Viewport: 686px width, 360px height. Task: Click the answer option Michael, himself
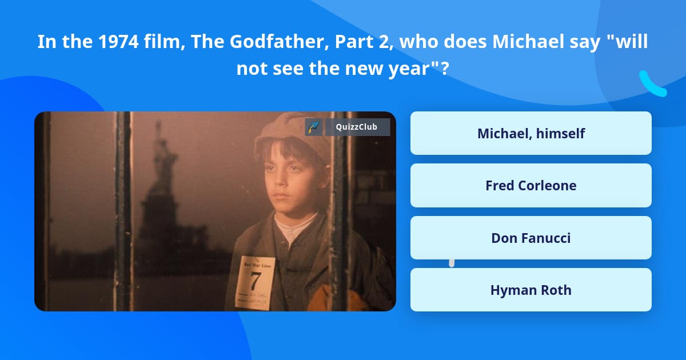pos(531,133)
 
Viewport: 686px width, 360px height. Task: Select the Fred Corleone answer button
pos(531,185)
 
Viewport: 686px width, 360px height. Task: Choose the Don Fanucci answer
pos(531,238)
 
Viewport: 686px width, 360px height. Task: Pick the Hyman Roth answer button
pos(531,290)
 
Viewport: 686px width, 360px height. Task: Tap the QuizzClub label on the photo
pos(357,127)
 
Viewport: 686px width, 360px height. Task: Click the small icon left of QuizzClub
pos(313,127)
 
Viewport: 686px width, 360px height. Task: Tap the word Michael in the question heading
pos(521,42)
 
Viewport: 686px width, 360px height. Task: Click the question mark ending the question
pos(444,69)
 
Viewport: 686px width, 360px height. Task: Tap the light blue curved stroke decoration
pos(652,85)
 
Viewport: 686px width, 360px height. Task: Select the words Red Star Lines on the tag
pos(255,265)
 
